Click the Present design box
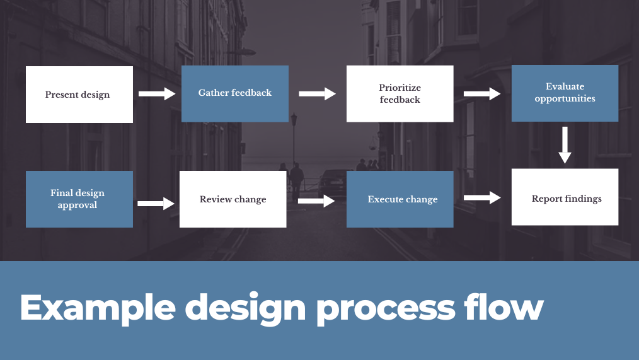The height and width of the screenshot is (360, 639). [79, 95]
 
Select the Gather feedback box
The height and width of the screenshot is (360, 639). [234, 93]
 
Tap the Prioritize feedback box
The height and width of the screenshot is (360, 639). [400, 93]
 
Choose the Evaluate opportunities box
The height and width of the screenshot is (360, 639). [565, 93]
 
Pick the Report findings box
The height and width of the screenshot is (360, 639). [565, 197]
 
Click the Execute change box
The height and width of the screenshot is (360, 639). [400, 199]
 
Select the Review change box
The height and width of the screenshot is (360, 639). [233, 199]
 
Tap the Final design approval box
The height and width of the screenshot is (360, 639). [79, 199]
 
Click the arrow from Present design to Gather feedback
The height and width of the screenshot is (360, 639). [157, 94]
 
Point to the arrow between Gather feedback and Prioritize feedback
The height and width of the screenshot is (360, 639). [317, 94]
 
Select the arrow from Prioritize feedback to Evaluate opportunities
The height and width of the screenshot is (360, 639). [482, 94]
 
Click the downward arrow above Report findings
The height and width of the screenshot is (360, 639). [565, 145]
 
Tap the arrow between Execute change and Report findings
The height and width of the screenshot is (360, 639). [482, 198]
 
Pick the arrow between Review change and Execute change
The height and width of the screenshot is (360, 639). [316, 200]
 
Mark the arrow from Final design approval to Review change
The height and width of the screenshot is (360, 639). [156, 203]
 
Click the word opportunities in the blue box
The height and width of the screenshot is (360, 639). [565, 98]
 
